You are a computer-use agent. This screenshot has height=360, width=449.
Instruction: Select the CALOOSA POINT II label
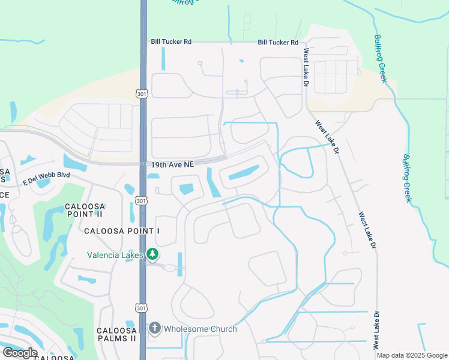point(84,210)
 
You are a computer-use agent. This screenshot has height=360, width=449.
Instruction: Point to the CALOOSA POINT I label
point(122,231)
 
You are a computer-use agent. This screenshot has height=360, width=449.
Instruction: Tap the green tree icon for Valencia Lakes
point(153,254)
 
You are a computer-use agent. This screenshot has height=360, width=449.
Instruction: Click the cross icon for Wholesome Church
point(154,328)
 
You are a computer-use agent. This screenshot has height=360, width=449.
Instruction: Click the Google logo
point(20,353)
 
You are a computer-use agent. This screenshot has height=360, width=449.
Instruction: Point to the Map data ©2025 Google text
point(412,355)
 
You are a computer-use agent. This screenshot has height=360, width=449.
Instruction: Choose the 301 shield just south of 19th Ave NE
point(141,200)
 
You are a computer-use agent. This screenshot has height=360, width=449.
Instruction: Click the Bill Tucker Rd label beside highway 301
point(170,42)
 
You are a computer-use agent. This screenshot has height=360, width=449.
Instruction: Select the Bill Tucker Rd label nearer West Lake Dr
point(278,43)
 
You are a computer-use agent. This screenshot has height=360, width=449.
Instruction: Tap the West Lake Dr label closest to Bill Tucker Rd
point(305,68)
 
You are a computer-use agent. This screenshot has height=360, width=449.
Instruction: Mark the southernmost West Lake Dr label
point(376,331)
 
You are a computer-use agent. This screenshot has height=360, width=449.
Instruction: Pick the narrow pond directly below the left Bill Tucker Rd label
point(163,59)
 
